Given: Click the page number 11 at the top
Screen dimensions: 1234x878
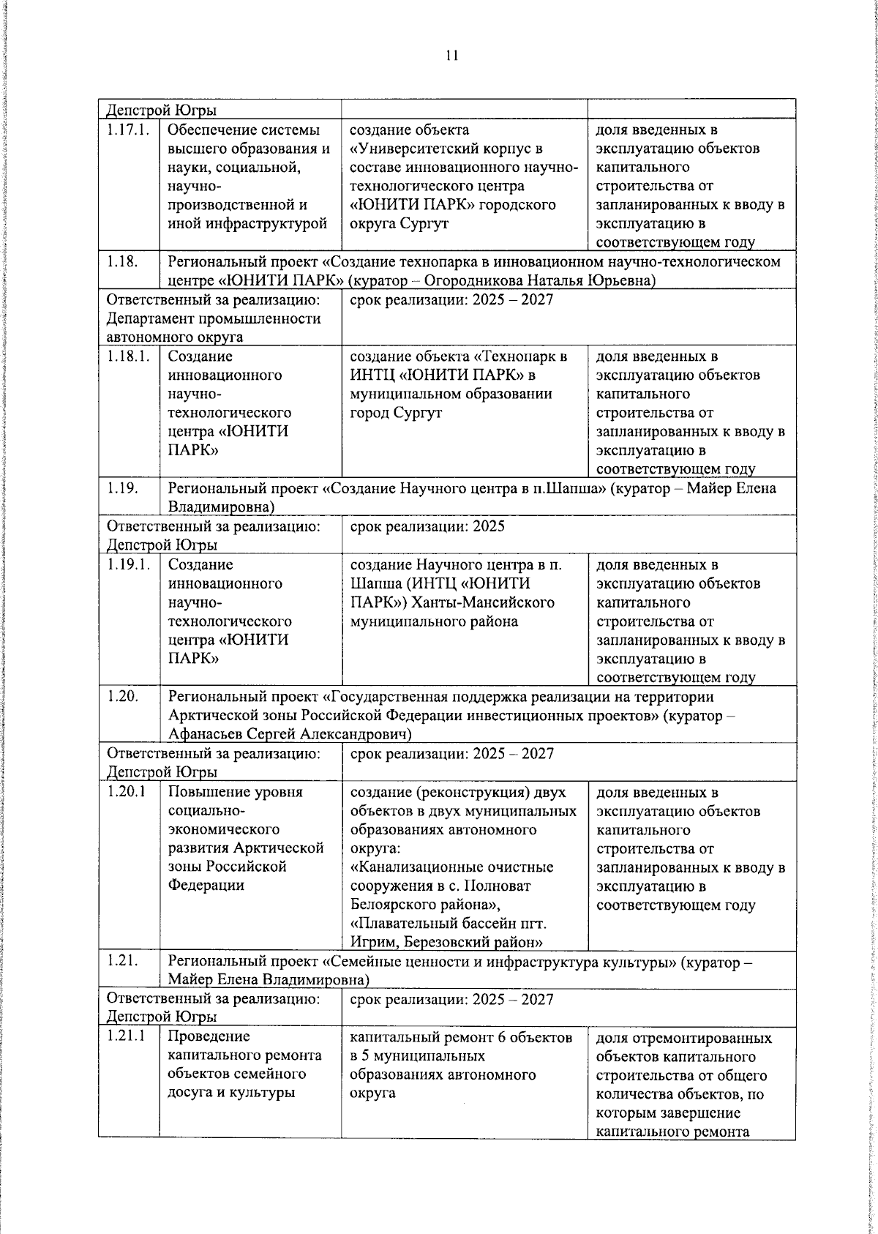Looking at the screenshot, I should [x=451, y=55].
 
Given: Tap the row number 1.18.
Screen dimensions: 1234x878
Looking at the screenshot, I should [x=122, y=261].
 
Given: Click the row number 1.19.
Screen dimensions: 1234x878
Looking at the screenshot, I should [x=122, y=488].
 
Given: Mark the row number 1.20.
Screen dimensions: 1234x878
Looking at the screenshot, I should [x=122, y=696].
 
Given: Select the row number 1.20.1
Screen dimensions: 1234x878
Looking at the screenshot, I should [x=127, y=792].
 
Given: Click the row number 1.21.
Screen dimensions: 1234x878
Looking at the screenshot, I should [x=122, y=961].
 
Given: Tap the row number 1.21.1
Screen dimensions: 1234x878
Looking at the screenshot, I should [x=127, y=1036].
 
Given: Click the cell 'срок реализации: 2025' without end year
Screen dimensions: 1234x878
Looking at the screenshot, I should [x=427, y=526].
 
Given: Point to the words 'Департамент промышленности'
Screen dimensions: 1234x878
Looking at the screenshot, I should [x=214, y=318].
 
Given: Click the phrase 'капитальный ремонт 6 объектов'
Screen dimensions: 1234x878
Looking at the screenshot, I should [x=460, y=1037].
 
